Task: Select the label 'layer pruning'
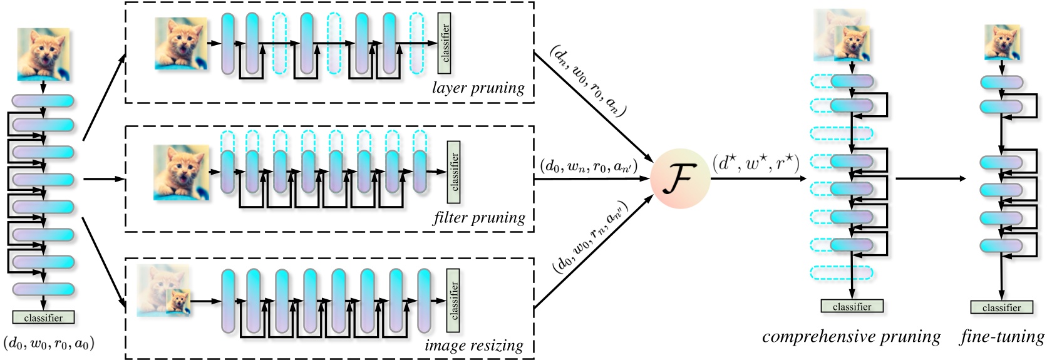click(x=478, y=88)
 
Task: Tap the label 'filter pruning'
click(x=478, y=218)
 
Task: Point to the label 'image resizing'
click(x=473, y=345)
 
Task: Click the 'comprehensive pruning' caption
click(x=851, y=337)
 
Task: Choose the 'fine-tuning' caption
click(x=1002, y=337)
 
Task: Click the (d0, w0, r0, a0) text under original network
click(x=49, y=342)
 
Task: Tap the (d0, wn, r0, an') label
click(x=588, y=167)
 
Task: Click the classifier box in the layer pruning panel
click(x=445, y=43)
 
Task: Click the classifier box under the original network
click(x=43, y=317)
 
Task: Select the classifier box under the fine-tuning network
click(x=1001, y=307)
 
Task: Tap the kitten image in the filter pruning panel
click(x=180, y=172)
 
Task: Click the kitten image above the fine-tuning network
click(x=1001, y=42)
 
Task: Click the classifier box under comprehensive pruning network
click(x=852, y=306)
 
